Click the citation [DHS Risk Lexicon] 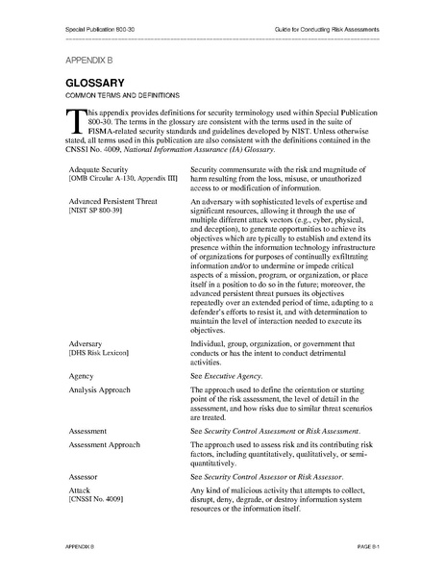click(102, 352)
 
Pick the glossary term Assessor click(85, 477)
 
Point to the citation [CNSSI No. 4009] click(97, 501)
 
